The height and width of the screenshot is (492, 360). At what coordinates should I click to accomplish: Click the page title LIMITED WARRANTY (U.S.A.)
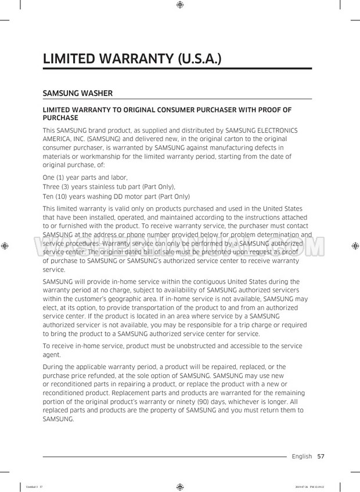coord(132,59)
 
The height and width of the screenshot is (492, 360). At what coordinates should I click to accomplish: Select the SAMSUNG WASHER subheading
coord(78,93)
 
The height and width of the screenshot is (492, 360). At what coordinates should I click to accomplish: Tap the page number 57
coord(321,457)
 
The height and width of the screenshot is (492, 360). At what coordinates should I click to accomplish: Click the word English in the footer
coord(302,457)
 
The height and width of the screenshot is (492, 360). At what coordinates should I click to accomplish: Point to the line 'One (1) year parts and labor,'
coord(85,178)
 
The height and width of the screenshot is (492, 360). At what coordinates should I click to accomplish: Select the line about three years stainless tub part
coord(109,187)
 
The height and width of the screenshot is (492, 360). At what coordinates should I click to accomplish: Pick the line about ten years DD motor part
coord(116,196)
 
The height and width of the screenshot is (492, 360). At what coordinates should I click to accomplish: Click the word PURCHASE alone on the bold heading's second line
coord(60,118)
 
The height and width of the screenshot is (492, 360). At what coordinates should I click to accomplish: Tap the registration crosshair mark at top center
coord(179,5)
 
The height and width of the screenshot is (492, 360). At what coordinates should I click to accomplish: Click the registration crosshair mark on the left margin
coord(5,246)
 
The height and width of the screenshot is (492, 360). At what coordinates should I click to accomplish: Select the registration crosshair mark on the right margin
coord(355,246)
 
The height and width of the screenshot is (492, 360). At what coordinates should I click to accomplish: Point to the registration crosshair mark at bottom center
coord(179,486)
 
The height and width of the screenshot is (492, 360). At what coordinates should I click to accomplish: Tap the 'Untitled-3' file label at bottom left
coord(31,486)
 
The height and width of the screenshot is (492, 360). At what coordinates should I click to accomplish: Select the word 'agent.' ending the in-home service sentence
coord(52,354)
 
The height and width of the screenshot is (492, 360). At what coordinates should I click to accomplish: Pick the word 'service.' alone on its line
coord(54,270)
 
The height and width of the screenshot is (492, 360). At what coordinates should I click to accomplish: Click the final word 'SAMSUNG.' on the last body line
coord(59,419)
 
